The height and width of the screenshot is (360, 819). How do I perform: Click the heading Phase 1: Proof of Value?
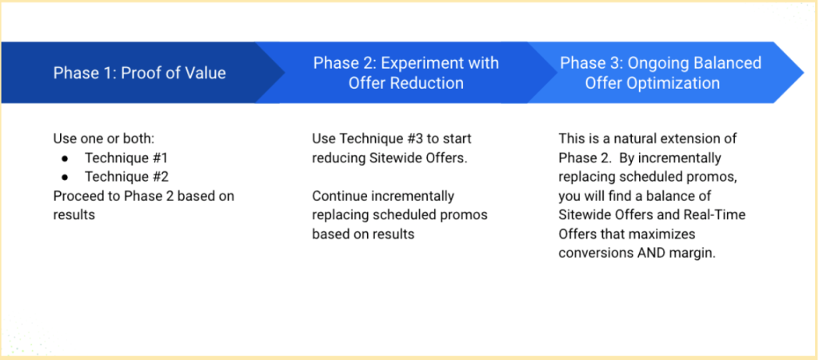(x=139, y=73)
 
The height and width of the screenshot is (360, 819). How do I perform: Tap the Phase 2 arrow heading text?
(x=406, y=73)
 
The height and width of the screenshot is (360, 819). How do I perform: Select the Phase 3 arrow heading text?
(x=661, y=73)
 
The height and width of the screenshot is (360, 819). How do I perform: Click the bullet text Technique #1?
(x=127, y=158)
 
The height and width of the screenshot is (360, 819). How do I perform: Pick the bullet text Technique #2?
(x=127, y=177)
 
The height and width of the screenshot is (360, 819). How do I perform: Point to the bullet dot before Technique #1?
(x=66, y=158)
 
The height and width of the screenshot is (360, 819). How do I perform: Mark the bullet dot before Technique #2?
(x=66, y=178)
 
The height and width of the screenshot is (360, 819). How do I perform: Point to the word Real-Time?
(x=717, y=214)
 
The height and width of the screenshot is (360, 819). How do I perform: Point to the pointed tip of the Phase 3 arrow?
(x=803, y=73)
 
